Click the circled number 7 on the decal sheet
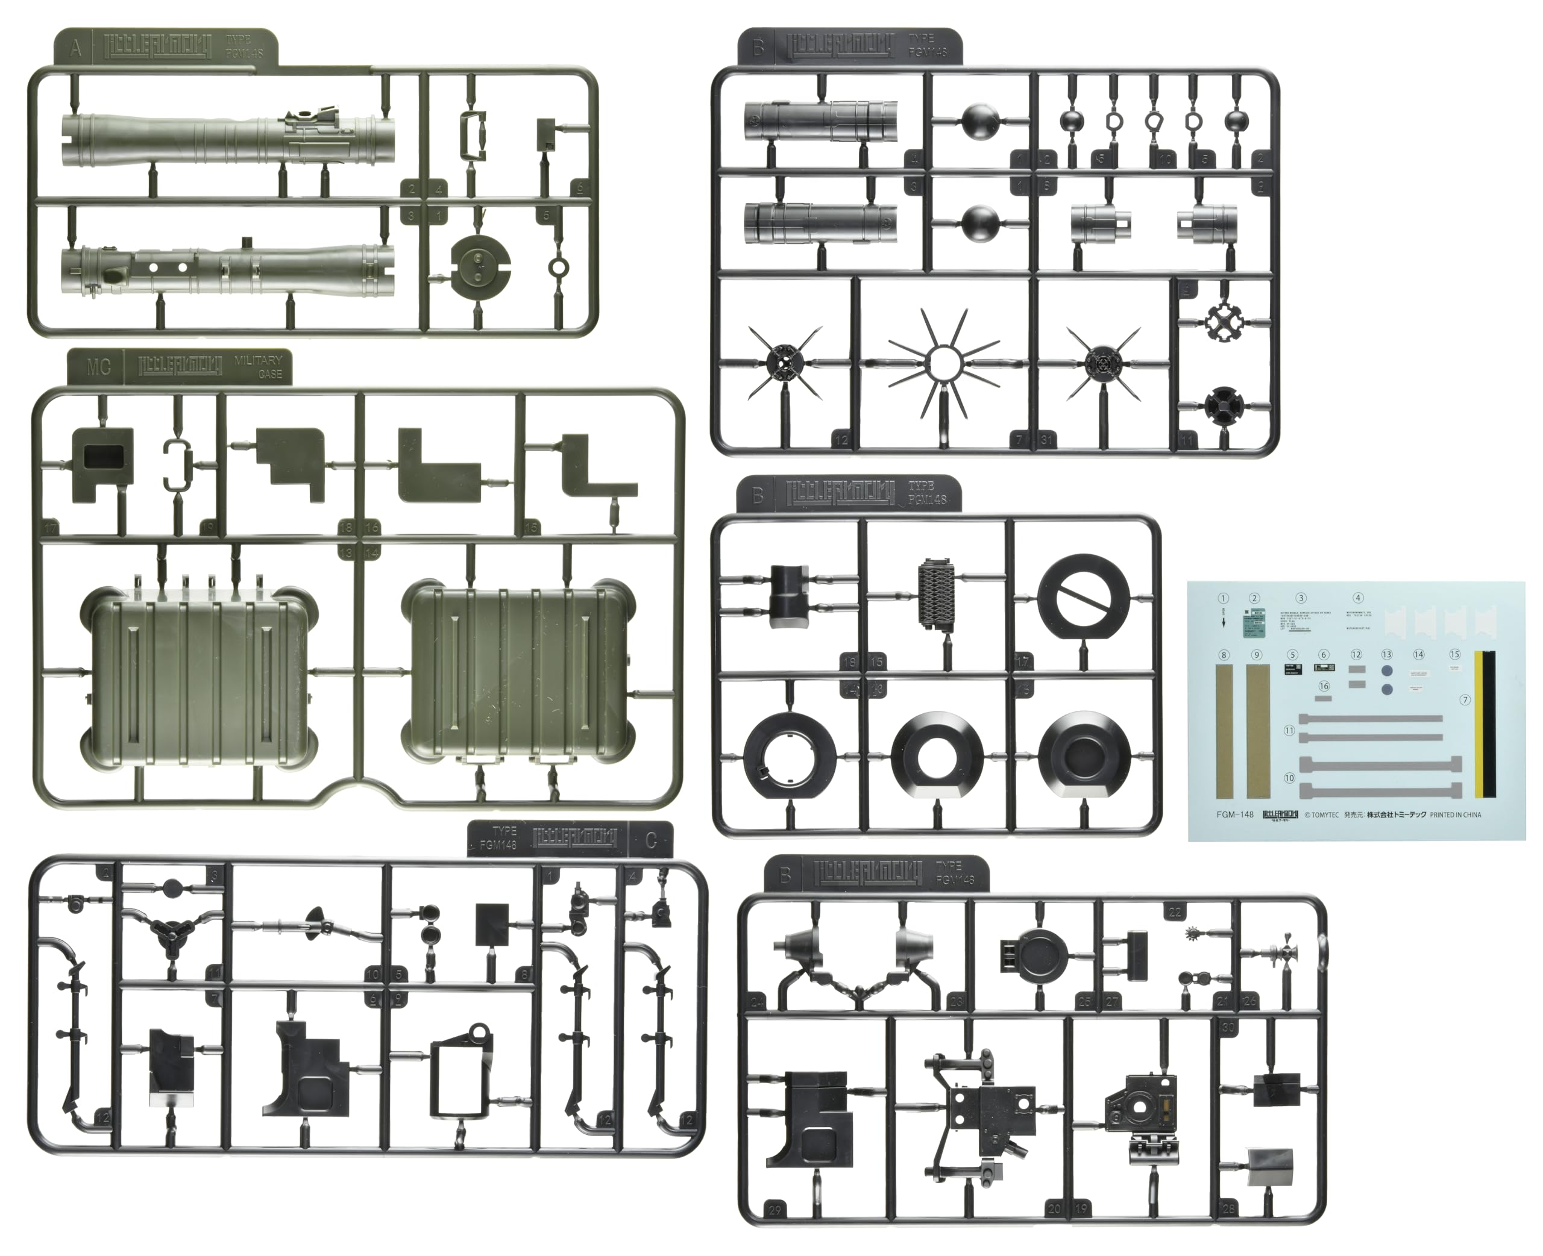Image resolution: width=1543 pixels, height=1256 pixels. point(1465,699)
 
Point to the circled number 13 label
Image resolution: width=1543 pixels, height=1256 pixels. point(1387,654)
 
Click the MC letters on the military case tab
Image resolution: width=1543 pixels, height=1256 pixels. point(98,367)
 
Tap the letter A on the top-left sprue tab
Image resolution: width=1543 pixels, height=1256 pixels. point(75,50)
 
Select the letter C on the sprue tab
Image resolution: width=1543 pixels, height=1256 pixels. point(650,840)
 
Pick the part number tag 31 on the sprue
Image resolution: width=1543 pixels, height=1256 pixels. point(1046,439)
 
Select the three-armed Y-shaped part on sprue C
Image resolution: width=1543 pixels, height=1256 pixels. point(173,931)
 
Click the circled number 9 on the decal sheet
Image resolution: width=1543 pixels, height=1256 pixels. point(1257,655)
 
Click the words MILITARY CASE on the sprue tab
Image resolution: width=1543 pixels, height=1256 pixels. point(259,367)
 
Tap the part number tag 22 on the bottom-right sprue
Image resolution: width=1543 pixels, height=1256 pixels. point(1175,913)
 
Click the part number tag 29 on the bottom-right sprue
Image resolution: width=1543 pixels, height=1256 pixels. point(775,1210)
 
